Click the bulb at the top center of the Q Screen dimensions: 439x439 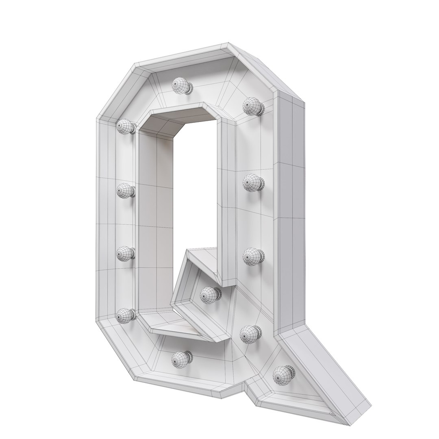(180, 85)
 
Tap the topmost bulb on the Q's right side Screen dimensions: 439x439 (251, 106)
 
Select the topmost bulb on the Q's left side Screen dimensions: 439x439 (125, 126)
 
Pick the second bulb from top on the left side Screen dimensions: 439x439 (125, 190)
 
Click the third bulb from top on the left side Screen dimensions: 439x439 (125, 253)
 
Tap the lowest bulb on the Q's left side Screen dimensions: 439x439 (125, 315)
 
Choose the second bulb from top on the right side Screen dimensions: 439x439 (252, 183)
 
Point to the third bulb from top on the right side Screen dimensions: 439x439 (252, 256)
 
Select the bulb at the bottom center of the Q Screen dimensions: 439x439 (180, 359)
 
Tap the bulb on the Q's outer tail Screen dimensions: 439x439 (281, 374)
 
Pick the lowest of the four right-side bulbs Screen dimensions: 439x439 (248, 334)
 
